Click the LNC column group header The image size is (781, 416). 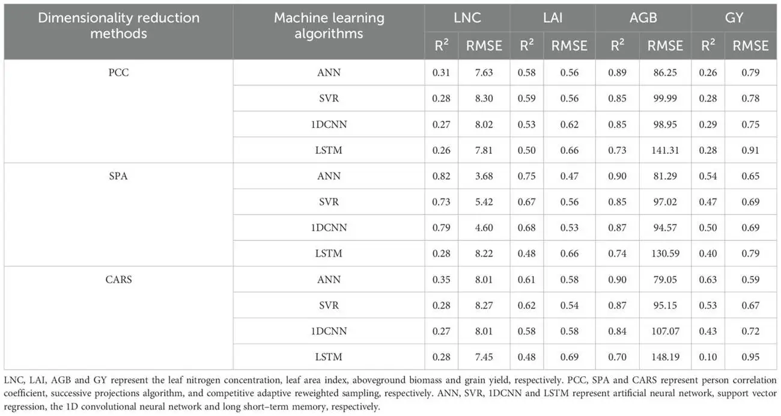point(467,18)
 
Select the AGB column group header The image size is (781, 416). point(643,18)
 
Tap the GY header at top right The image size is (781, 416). point(734,18)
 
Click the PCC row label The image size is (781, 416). point(118,72)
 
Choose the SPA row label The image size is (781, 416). point(118,176)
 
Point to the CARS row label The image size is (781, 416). point(118,280)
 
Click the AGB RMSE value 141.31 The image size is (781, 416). point(665,150)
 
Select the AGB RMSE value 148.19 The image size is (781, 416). point(665,356)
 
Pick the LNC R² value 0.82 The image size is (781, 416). point(442,176)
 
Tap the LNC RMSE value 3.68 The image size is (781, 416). point(484,176)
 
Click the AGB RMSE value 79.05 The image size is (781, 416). point(665,280)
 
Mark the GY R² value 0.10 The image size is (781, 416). point(708,356)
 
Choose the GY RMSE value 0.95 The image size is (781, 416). point(750,356)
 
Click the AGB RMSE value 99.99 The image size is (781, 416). point(665,98)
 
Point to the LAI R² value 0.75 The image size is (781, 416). point(526,176)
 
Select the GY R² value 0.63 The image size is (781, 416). point(708,280)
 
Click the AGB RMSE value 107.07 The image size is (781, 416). point(665,331)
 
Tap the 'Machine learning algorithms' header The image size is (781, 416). point(329,25)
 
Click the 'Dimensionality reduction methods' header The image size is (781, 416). point(118,25)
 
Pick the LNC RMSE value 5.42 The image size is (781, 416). point(484,202)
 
